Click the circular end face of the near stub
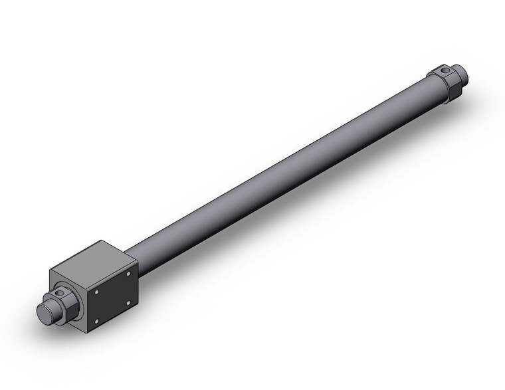(x=43, y=313)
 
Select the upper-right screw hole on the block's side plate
(x=129, y=273)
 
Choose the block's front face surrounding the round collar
(x=66, y=279)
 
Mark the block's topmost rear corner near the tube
(x=101, y=241)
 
